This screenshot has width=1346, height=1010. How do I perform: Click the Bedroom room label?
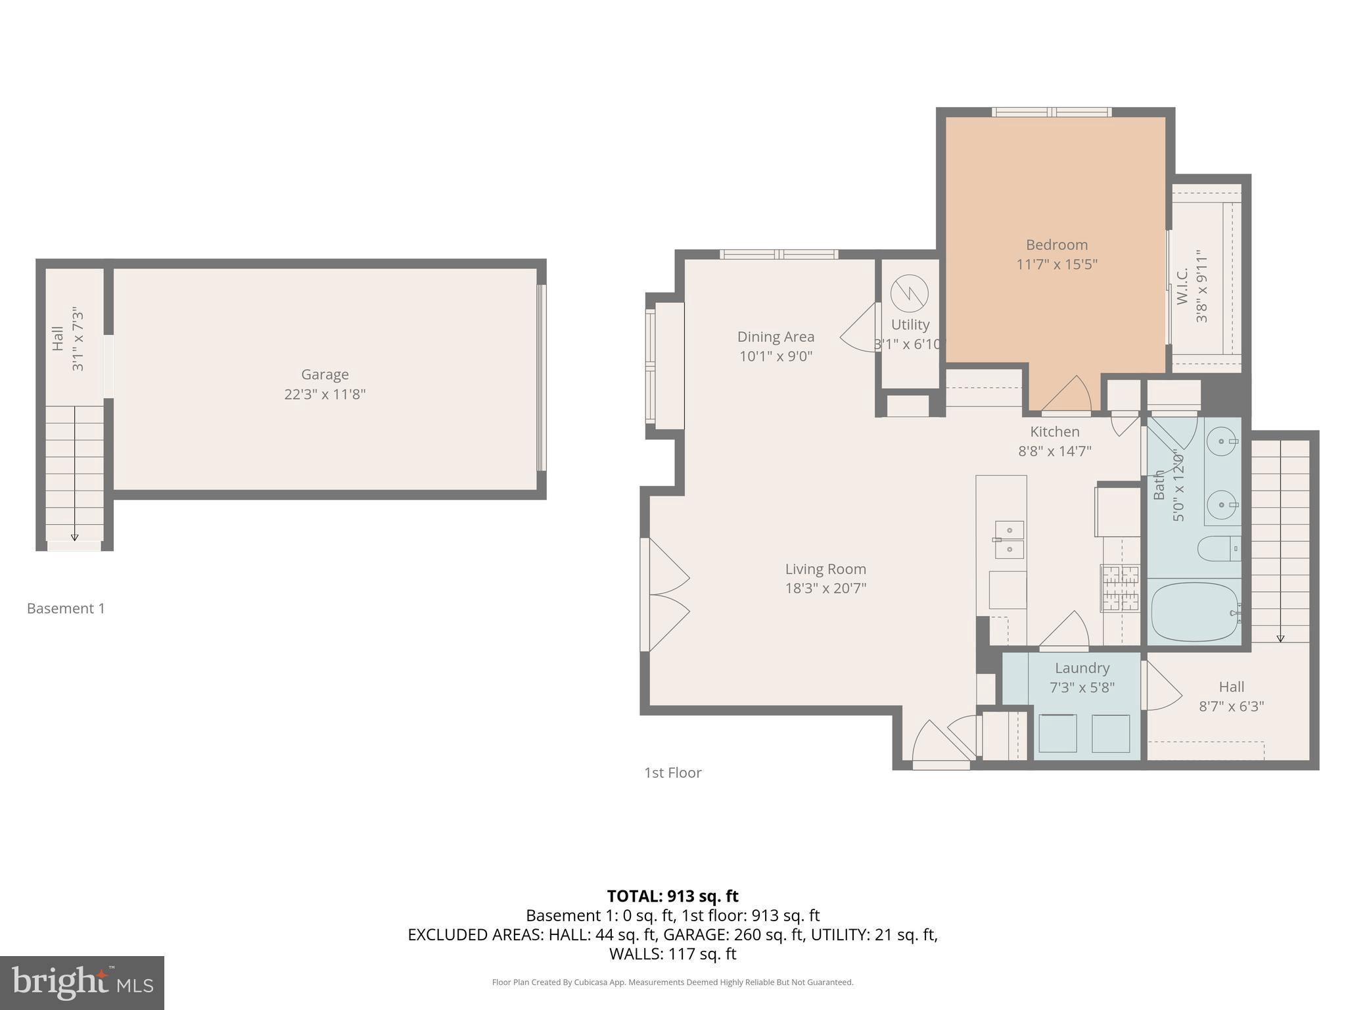pyautogui.click(x=1056, y=245)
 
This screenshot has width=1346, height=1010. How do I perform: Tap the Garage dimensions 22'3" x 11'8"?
pyautogui.click(x=325, y=395)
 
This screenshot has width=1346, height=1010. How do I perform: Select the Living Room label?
pyautogui.click(x=825, y=569)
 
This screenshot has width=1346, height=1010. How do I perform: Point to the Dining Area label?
pyautogui.click(x=776, y=337)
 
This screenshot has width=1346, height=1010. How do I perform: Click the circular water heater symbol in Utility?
pyautogui.click(x=910, y=293)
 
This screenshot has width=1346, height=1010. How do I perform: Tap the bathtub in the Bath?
pyautogui.click(x=1194, y=612)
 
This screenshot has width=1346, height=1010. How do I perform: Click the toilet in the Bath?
pyautogui.click(x=1217, y=548)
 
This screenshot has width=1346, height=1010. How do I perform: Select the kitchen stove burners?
pyautogui.click(x=1121, y=588)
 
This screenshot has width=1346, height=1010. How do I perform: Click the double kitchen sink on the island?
pyautogui.click(x=1009, y=539)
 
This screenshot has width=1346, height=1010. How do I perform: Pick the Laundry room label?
pyautogui.click(x=1082, y=668)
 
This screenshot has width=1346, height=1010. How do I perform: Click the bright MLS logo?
pyautogui.click(x=82, y=982)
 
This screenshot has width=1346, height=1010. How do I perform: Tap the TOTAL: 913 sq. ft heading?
pyautogui.click(x=672, y=896)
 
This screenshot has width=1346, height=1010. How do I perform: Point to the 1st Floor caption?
pyautogui.click(x=672, y=773)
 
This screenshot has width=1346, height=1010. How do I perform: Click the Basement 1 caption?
pyautogui.click(x=66, y=608)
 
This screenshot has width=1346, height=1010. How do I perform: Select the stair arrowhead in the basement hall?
pyautogui.click(x=74, y=537)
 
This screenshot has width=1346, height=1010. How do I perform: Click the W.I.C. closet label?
pyautogui.click(x=1182, y=286)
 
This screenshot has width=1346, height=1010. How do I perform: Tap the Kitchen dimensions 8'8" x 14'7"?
pyautogui.click(x=1054, y=451)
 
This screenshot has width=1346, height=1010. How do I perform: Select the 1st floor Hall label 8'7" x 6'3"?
pyautogui.click(x=1231, y=696)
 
